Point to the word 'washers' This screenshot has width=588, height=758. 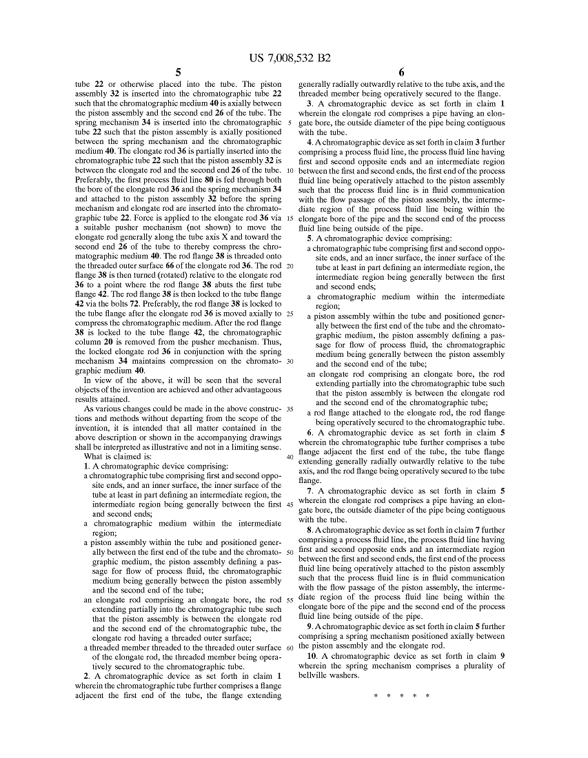(345, 675)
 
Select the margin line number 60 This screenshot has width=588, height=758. (290, 648)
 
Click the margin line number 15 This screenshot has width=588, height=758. (290, 218)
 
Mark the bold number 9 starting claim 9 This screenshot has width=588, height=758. (310, 627)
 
